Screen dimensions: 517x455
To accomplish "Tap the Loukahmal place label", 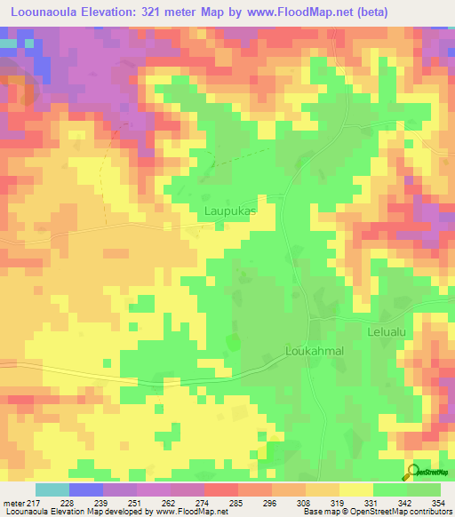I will tap(314, 351).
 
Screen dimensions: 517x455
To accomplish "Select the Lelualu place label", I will tap(387, 332).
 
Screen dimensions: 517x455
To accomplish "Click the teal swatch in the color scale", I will tap(52, 489).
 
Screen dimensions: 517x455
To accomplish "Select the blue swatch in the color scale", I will tap(85, 489).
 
